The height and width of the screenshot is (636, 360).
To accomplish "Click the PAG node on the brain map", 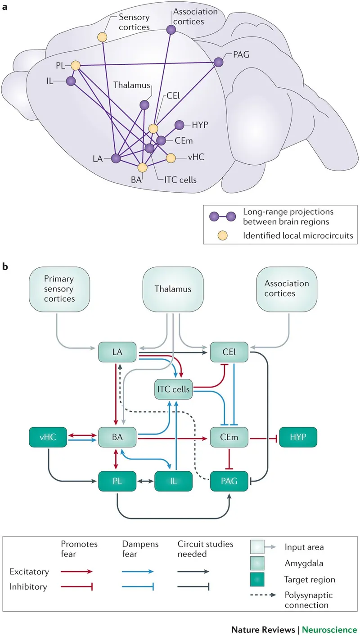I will [219, 62].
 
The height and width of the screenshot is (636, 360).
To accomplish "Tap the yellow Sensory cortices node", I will [103, 36].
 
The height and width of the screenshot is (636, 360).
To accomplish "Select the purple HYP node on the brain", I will [179, 124].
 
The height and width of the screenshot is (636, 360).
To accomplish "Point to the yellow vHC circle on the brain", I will [171, 158].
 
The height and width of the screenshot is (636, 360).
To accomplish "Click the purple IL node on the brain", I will [71, 81].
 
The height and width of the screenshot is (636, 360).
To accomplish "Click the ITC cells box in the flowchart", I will [173, 389].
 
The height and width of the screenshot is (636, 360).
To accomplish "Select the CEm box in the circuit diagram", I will [229, 437].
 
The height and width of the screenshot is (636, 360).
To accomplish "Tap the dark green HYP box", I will [298, 437].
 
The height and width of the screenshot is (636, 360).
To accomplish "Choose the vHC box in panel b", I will [48, 437].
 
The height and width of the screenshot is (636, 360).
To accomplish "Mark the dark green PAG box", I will [229, 481].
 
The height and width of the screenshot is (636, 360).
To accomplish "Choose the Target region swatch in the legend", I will [261, 579].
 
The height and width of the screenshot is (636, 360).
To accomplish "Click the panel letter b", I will [6, 266].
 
